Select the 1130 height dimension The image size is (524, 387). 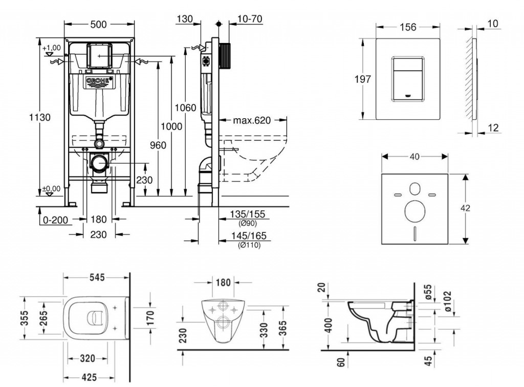coord(39,117)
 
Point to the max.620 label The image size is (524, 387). coord(252,121)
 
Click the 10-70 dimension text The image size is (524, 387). coord(250,19)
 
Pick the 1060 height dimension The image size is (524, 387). coord(185,109)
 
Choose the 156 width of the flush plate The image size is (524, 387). coord(407,27)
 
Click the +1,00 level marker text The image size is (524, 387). coord(52,48)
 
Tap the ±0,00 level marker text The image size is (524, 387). coord(52,188)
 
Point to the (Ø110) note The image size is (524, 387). coord(249,246)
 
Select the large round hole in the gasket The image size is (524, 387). coord(415,211)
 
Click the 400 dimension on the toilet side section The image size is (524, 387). coord(328,325)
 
